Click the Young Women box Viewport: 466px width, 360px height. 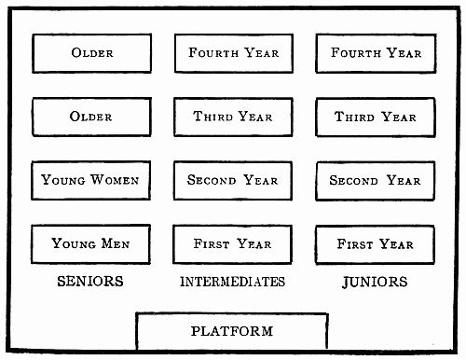coord(90,180)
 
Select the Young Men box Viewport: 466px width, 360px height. coord(90,243)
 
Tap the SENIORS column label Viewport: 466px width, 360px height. coord(90,282)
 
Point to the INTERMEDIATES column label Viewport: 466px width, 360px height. coord(233,282)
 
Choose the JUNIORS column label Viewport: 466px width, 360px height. coord(375,282)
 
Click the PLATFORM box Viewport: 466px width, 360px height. coord(232,331)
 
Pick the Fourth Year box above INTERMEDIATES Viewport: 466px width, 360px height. coord(233,53)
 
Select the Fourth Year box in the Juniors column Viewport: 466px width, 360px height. coord(376,53)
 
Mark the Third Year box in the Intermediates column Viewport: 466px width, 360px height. coord(233,117)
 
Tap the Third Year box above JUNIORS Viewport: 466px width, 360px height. coord(376,117)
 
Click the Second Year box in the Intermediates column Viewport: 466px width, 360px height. coord(233,180)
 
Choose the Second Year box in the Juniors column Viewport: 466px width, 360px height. coord(376,180)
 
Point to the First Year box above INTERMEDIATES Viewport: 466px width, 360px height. coord(233,243)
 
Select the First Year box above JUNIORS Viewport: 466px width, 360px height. coord(376,243)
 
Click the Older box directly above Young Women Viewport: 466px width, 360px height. coord(90,117)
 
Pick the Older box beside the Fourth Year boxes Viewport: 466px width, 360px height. coord(90,53)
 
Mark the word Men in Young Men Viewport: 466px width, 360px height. coord(116,244)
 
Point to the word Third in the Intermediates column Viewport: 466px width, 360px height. coord(212,118)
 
